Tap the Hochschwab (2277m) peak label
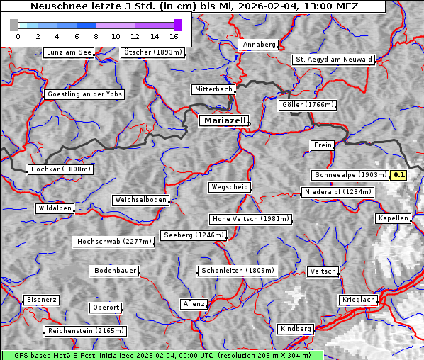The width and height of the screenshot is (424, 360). click(x=114, y=242)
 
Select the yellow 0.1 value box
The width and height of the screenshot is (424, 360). click(x=398, y=175)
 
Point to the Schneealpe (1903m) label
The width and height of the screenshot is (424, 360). click(x=350, y=175)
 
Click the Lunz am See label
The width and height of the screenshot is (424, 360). click(x=69, y=52)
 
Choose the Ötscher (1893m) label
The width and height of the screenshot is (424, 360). click(x=153, y=52)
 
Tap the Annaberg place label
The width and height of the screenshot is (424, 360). click(x=259, y=45)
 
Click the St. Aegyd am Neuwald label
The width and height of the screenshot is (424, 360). click(x=333, y=60)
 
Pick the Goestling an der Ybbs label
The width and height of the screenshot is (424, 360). click(x=84, y=94)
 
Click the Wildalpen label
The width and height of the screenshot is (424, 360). click(x=55, y=208)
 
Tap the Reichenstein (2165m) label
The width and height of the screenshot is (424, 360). click(x=86, y=331)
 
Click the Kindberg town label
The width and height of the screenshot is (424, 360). click(x=296, y=329)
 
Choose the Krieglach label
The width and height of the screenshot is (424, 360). click(x=357, y=300)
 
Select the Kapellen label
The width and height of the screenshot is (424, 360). click(x=393, y=218)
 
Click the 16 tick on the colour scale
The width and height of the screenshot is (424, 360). click(x=174, y=35)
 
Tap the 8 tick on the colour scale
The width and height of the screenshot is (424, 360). click(x=96, y=35)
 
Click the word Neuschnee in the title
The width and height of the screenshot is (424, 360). click(x=55, y=6)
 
